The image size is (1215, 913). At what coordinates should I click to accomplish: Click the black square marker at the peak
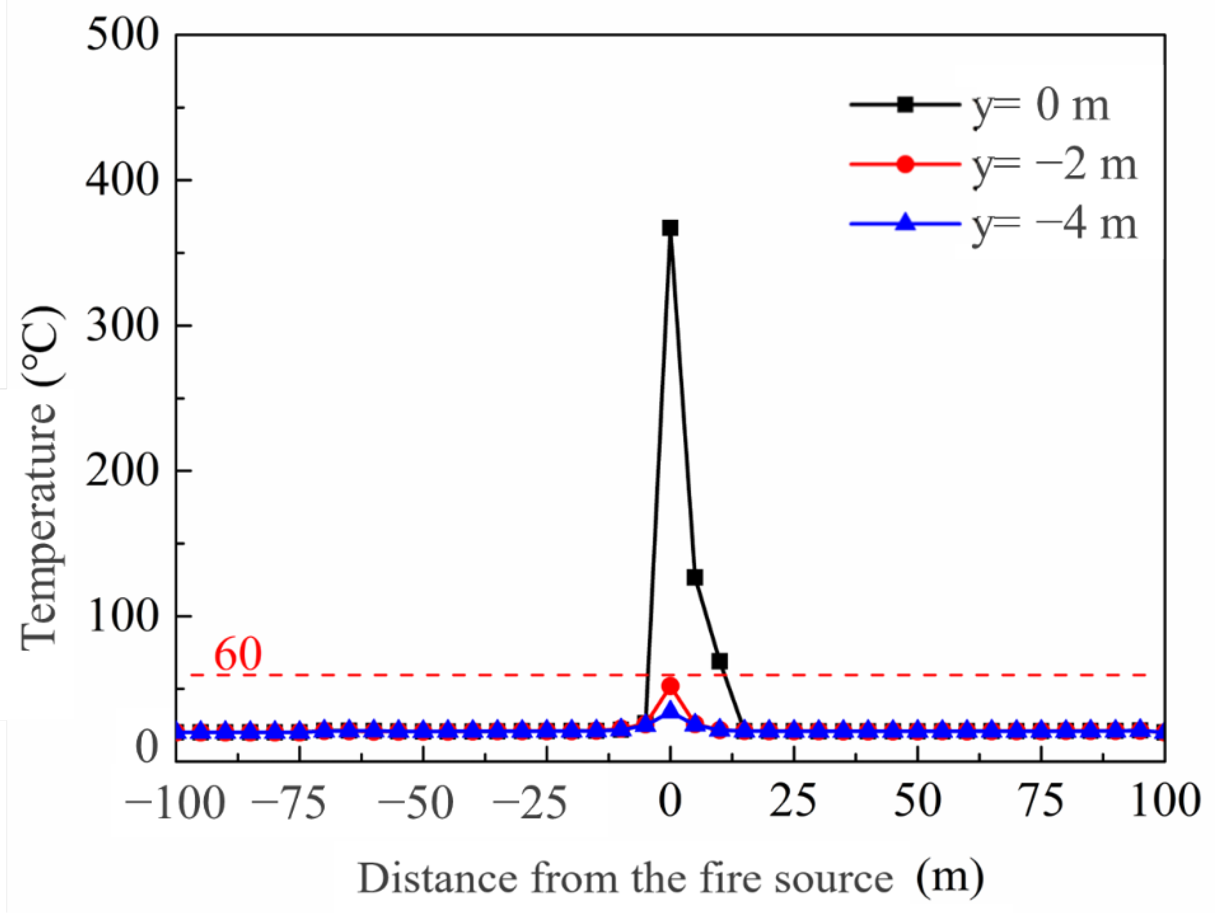(x=669, y=228)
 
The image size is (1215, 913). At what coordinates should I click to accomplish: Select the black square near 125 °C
(x=695, y=578)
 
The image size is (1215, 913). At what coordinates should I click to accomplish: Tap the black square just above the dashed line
(x=720, y=661)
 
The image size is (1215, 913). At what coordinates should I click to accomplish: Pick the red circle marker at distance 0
(x=670, y=686)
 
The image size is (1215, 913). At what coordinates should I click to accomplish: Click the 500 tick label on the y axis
(x=123, y=36)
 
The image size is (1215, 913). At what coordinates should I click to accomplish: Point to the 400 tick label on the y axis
(x=123, y=181)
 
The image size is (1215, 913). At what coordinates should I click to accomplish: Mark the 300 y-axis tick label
(x=123, y=326)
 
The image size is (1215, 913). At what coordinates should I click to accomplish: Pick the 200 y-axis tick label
(x=123, y=471)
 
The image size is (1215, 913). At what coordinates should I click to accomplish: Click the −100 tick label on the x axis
(x=175, y=803)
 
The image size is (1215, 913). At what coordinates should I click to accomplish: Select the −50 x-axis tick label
(x=416, y=803)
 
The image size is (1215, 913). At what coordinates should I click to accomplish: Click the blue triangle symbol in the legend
(x=905, y=224)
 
